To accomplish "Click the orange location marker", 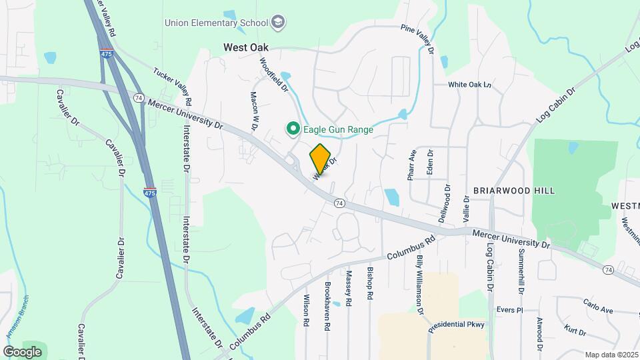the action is [321, 159].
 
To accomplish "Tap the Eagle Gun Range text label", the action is [338, 129].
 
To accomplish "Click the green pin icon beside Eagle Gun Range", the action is [292, 129].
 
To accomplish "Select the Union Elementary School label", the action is [216, 23].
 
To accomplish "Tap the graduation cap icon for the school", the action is [277, 23].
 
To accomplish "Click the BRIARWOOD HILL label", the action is [513, 191].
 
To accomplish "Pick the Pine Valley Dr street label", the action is [417, 39].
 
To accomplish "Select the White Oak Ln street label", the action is [469, 85].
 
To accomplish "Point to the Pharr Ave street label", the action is [411, 165].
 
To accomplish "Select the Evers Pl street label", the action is [509, 310].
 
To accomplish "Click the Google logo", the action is [23, 351].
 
